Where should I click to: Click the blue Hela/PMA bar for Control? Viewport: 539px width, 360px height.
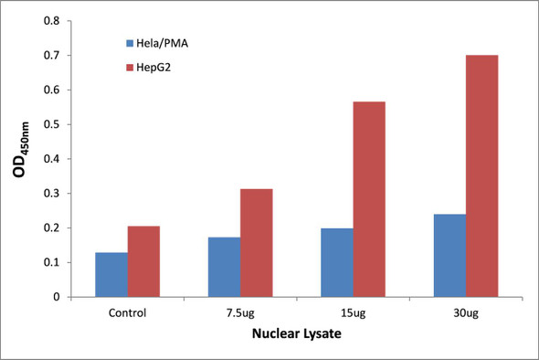[x=111, y=274]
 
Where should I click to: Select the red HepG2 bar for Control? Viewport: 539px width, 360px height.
[x=143, y=261]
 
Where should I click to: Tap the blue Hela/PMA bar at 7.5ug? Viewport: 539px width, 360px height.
[x=224, y=267]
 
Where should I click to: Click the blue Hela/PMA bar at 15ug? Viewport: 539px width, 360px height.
[x=336, y=262]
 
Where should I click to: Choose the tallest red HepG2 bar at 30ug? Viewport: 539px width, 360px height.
[x=481, y=175]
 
